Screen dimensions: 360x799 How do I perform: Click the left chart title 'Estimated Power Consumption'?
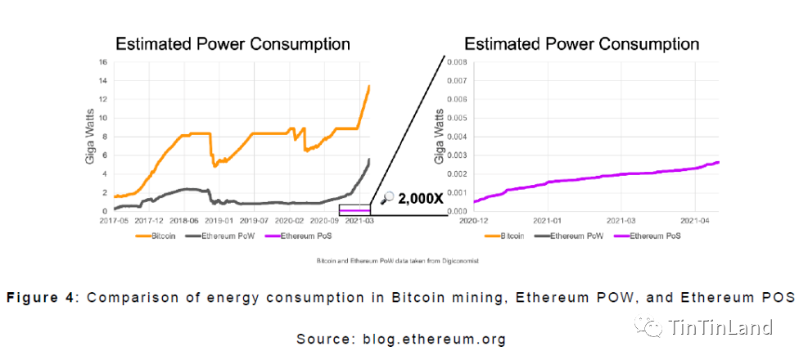(x=232, y=43)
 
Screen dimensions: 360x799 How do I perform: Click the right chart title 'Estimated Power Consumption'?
(x=581, y=43)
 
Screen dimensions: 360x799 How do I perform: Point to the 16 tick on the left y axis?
(x=103, y=61)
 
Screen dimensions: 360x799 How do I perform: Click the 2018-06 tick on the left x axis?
(x=185, y=220)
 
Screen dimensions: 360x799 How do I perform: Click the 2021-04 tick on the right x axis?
(x=694, y=220)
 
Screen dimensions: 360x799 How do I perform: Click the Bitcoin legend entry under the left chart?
(x=158, y=236)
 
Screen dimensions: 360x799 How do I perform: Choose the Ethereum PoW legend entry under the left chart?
(x=228, y=236)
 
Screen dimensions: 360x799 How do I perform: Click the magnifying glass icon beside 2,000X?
(x=388, y=197)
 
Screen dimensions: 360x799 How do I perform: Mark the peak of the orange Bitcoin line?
(x=370, y=86)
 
